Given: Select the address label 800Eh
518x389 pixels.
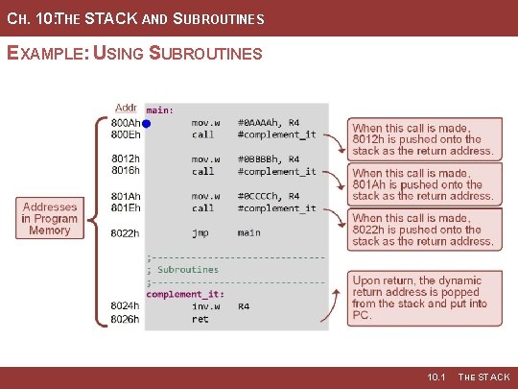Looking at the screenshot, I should (x=126, y=135).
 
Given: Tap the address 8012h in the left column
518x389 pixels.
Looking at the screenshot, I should (x=126, y=159).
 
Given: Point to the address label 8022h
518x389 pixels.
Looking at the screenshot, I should (x=126, y=232).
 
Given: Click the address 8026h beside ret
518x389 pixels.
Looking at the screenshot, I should (x=126, y=318).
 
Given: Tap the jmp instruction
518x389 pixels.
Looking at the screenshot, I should (x=200, y=232).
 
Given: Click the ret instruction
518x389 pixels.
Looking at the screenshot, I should (x=200, y=318).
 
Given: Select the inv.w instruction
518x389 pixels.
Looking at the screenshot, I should (x=205, y=306).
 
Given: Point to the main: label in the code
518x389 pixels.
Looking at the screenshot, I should (x=159, y=110).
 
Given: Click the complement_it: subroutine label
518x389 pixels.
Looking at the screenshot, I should (x=185, y=294).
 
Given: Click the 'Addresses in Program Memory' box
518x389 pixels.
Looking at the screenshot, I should (x=49, y=219).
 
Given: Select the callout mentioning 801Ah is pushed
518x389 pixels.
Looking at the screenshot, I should (x=423, y=184).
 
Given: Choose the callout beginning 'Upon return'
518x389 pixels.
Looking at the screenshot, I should (x=423, y=298).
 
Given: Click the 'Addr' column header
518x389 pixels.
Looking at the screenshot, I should (x=126, y=108).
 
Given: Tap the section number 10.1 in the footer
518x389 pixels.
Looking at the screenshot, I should (x=438, y=377).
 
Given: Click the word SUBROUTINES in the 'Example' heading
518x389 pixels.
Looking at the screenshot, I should (x=206, y=53).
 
